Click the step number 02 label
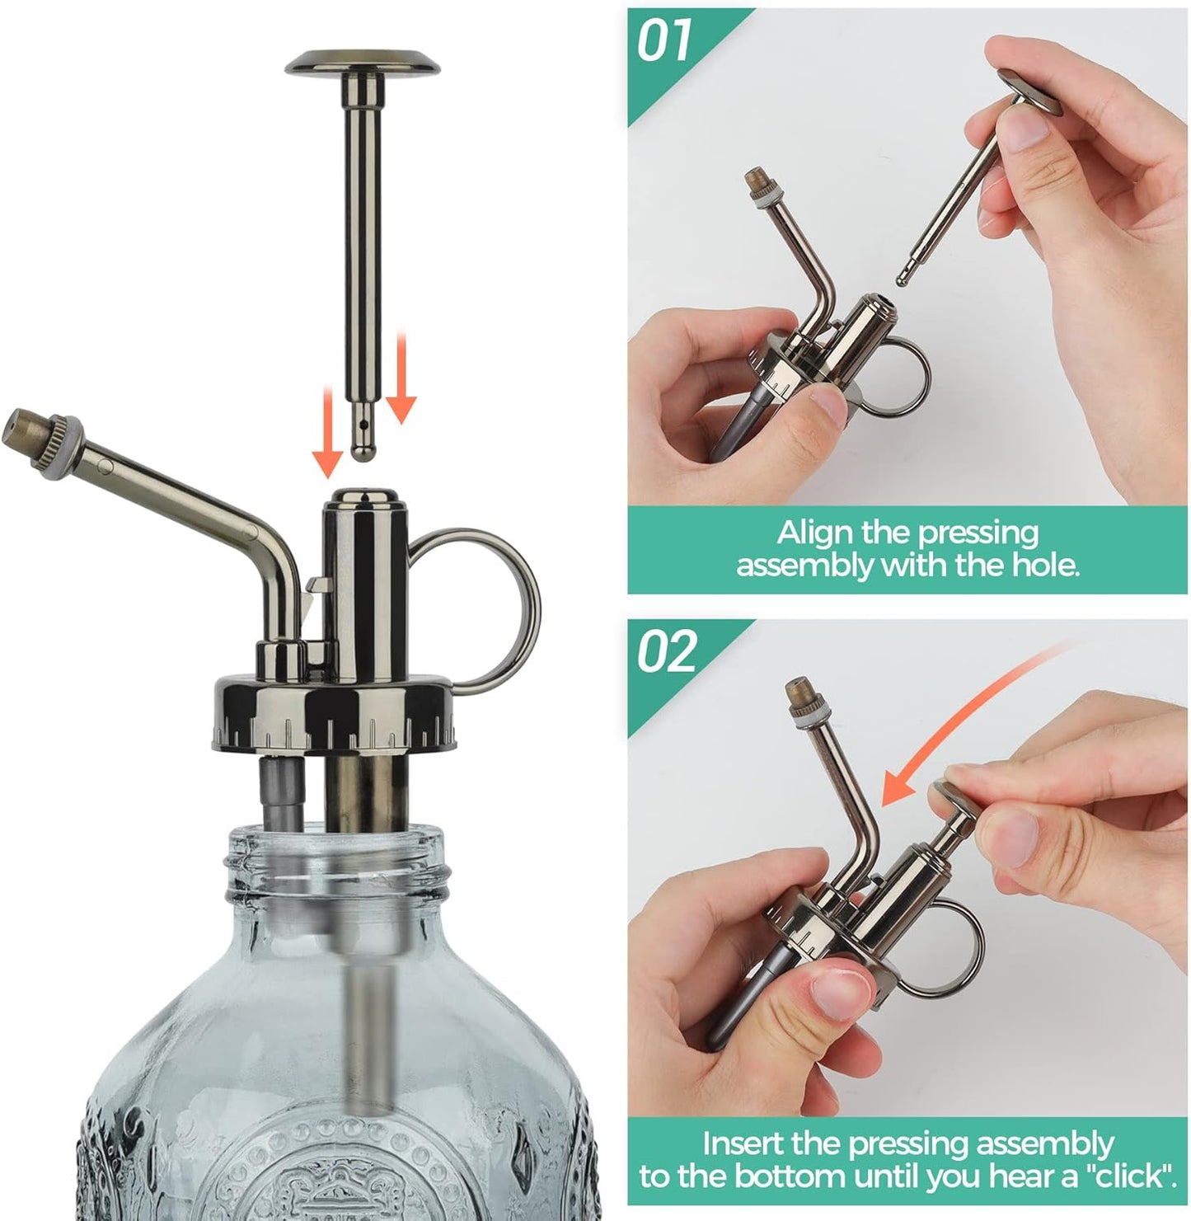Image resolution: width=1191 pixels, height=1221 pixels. point(667,653)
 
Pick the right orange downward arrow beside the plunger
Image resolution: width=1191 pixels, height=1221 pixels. point(401,387)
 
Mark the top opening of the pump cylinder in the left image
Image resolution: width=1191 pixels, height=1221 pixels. point(361,497)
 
